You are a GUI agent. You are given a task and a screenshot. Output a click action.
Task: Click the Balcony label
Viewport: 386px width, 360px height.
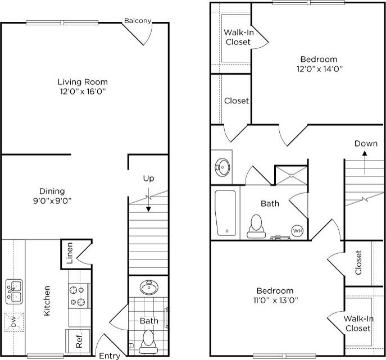tap(138, 21)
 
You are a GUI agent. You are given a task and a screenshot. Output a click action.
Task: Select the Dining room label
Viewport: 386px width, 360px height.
tap(52, 191)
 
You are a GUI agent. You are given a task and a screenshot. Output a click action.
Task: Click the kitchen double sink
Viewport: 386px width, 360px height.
tap(14, 291)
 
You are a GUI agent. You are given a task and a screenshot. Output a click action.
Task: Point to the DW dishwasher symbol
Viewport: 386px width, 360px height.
tap(14, 321)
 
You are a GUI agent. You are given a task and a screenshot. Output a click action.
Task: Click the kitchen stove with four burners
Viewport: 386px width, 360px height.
tap(79, 296)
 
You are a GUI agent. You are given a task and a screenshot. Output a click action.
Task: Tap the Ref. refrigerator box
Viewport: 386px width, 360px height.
tap(78, 340)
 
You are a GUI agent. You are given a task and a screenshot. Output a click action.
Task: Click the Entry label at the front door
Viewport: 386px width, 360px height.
tap(110, 356)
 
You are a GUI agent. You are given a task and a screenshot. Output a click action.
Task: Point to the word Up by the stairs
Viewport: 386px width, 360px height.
tap(148, 178)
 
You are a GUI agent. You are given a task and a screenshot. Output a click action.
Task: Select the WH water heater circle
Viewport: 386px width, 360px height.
tap(297, 230)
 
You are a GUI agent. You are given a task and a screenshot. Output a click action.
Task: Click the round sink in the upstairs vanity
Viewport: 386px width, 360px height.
tap(222, 167)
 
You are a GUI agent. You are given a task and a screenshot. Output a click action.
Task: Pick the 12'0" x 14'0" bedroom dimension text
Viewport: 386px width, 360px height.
tap(319, 69)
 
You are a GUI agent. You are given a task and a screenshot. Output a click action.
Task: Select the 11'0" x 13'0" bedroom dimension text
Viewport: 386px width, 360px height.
tap(275, 300)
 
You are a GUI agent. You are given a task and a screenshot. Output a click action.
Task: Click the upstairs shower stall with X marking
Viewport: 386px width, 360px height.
tap(291, 175)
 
